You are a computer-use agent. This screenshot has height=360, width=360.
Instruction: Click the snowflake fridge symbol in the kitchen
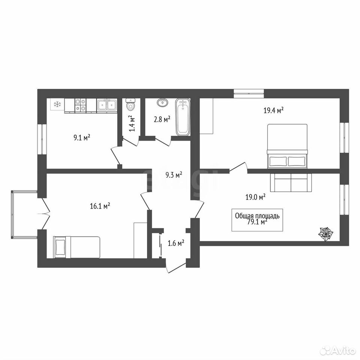click(57, 105)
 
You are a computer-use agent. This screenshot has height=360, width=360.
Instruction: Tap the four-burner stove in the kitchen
click(81, 105)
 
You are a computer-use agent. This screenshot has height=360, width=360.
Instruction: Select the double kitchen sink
click(106, 105)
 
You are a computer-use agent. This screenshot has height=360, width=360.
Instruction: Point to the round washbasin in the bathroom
click(162, 102)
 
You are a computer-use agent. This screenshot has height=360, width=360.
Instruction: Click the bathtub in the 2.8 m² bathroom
click(183, 117)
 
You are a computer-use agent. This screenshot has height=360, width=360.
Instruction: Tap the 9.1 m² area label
click(81, 138)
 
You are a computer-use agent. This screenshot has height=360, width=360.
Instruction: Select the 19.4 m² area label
click(273, 111)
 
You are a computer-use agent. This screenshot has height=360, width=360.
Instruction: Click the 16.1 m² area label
click(100, 206)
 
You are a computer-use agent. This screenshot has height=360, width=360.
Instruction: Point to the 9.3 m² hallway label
click(174, 175)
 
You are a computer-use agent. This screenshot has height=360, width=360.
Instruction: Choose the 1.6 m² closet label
click(176, 243)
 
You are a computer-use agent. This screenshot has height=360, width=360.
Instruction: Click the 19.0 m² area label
click(255, 197)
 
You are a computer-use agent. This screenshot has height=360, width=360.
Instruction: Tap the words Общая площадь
click(257, 216)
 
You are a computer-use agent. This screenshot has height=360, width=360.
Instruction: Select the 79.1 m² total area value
click(257, 222)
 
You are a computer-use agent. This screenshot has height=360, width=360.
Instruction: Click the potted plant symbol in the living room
click(325, 234)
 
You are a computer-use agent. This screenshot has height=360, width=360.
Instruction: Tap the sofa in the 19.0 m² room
click(291, 183)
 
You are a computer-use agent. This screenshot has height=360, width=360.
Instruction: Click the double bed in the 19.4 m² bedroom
click(287, 146)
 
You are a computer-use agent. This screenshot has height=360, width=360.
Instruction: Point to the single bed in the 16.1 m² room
click(76, 247)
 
